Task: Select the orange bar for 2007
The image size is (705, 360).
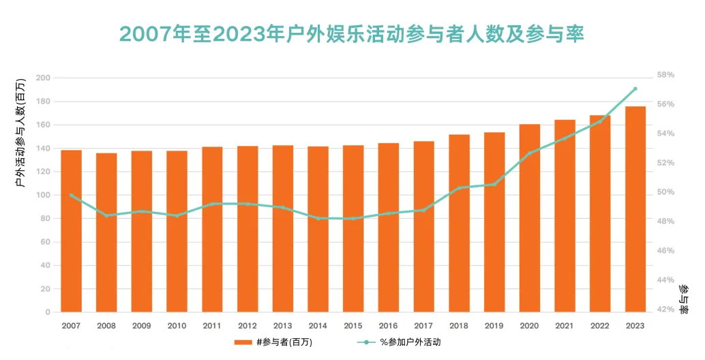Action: click(71, 231)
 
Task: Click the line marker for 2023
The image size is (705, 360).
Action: click(635, 89)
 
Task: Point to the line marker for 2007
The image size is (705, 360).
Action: click(71, 195)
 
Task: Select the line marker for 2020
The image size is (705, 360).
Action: click(529, 153)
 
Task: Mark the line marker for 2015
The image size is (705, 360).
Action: click(353, 218)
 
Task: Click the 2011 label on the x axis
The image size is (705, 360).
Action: click(212, 326)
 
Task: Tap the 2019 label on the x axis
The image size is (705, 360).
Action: click(494, 326)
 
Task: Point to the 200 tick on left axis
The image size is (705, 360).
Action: click(43, 78)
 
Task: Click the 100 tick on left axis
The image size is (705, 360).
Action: click(43, 195)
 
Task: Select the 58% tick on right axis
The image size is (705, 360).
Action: click(665, 75)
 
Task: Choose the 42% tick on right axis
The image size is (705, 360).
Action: click(665, 310)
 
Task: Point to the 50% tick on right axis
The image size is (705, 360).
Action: click(665, 192)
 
